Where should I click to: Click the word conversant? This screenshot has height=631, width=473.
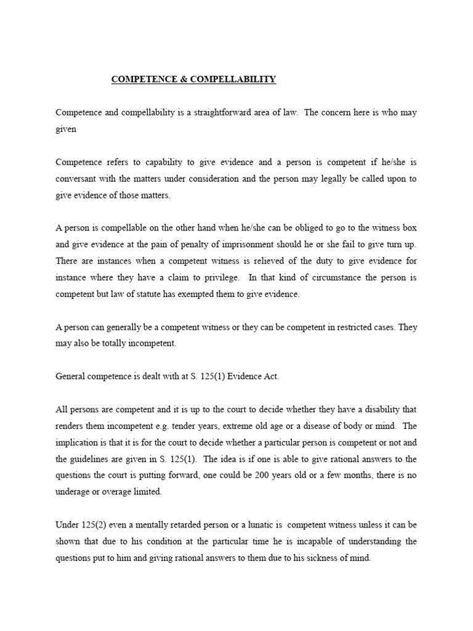77,179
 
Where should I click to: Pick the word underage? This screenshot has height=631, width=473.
73,492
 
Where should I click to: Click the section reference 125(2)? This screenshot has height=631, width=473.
97,525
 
